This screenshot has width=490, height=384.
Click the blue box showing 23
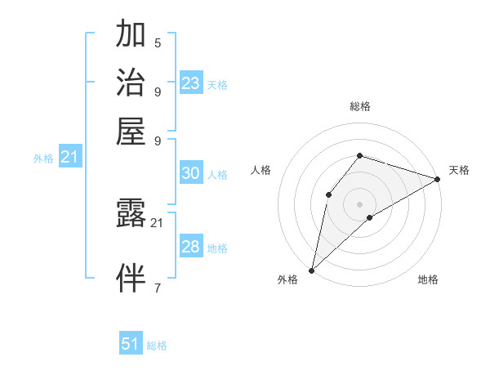191,83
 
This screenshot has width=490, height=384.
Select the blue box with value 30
191,173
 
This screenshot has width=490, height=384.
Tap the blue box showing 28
191,247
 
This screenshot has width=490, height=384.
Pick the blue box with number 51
131,344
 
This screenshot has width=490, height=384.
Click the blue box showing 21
69,157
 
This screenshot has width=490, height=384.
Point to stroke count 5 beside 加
158,42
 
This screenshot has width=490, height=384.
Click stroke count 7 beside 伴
158,288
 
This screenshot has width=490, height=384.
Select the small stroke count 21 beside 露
158,222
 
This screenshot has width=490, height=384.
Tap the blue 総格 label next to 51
157,346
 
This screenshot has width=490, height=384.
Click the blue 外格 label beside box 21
43,159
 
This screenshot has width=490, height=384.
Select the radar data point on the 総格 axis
359,155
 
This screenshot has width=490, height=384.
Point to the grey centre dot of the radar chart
359,203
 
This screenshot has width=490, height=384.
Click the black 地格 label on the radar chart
428,280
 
